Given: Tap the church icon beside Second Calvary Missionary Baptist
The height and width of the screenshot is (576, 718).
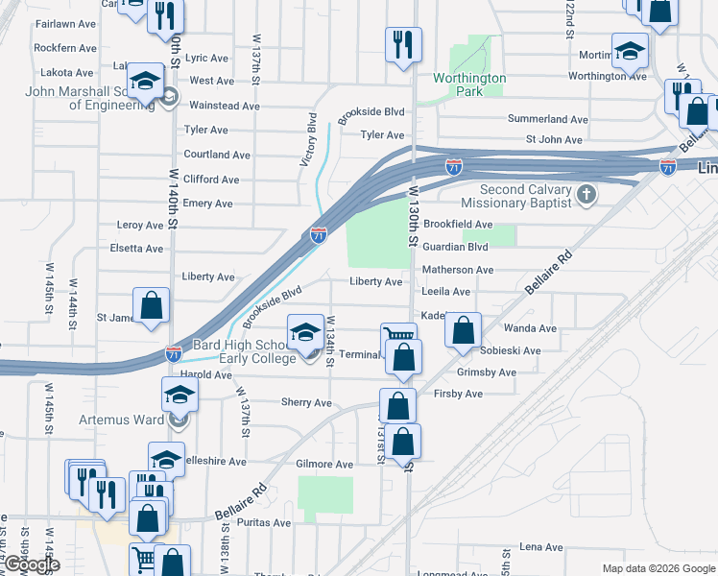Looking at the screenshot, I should pyautogui.click(x=586, y=196).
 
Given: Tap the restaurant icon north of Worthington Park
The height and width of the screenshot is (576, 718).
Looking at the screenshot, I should pyautogui.click(x=402, y=43).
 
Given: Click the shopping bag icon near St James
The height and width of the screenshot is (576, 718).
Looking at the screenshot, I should pyautogui.click(x=152, y=305).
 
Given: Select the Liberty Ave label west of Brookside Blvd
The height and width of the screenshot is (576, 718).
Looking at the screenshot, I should pyautogui.click(x=210, y=277).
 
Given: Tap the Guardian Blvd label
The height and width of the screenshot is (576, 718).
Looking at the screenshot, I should pyautogui.click(x=456, y=247).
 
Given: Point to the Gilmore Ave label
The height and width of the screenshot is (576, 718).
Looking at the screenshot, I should pyautogui.click(x=324, y=464).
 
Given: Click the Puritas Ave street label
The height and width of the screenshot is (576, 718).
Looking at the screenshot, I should pyautogui.click(x=267, y=523).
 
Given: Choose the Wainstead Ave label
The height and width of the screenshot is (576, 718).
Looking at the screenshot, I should pyautogui.click(x=225, y=106).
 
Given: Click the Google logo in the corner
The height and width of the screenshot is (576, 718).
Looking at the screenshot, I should pyautogui.click(x=31, y=565).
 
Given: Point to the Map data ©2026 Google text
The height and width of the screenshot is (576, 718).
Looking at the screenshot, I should pyautogui.click(x=658, y=568).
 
